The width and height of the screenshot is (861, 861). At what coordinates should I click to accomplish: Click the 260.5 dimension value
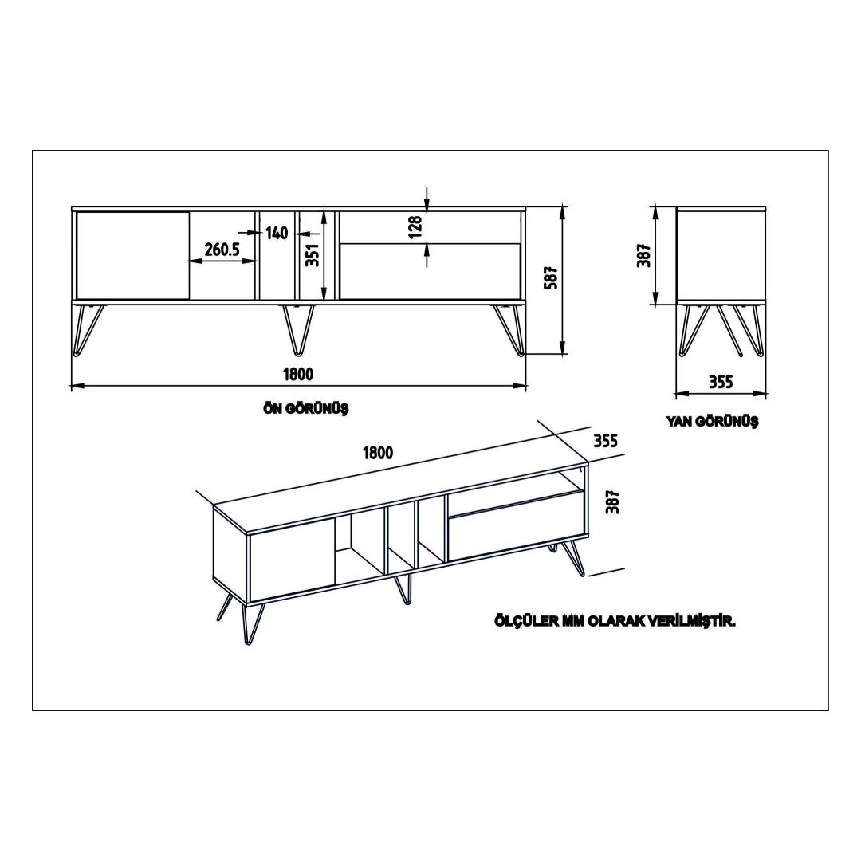tap(222, 250)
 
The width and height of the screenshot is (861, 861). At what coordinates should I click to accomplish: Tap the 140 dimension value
tap(277, 233)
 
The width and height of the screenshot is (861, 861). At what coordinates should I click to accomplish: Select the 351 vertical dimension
tap(313, 255)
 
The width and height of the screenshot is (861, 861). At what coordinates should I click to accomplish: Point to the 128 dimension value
tap(416, 226)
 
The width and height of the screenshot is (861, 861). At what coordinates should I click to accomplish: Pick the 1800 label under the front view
tap(298, 375)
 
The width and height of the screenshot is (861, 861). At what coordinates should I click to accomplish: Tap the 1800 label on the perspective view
tap(378, 453)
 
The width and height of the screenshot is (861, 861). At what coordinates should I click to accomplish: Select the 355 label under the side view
tap(721, 382)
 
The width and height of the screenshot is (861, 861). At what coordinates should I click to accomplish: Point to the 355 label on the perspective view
tap(606, 440)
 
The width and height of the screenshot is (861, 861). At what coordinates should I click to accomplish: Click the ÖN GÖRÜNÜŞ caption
tap(306, 408)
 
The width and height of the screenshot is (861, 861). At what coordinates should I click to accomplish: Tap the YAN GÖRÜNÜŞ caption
tap(712, 421)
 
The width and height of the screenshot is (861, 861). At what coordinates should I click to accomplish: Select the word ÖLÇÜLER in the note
tap(525, 621)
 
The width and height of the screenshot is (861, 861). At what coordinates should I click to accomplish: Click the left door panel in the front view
tap(132, 255)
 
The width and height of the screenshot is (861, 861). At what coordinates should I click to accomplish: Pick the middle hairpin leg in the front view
tap(299, 328)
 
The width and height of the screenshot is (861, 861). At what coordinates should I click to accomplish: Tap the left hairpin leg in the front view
tap(88, 329)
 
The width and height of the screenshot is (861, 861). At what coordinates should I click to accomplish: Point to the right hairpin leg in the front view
tap(509, 330)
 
